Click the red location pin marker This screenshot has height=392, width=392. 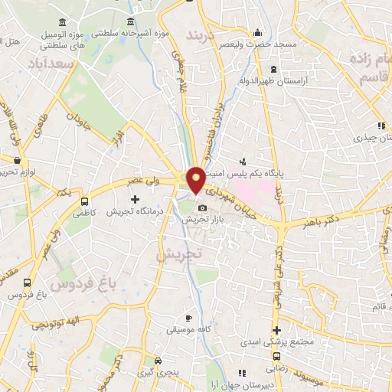196,179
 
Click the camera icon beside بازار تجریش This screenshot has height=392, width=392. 202,207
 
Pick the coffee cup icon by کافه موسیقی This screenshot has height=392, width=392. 188,318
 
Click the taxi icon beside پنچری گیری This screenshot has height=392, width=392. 157,360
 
